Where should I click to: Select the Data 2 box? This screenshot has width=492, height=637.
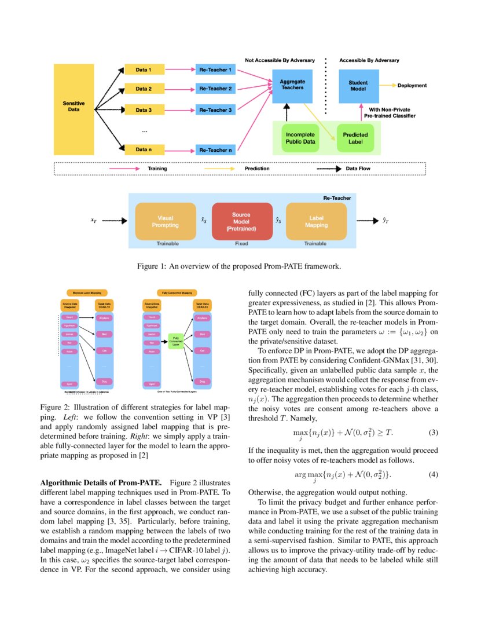coord(144,89)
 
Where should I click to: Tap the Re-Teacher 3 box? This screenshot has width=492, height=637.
coord(215,109)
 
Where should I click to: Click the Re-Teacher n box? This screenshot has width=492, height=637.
coord(215,150)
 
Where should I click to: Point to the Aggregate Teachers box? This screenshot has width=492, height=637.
coord(292,85)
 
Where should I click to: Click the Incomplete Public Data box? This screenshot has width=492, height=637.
coord(300,138)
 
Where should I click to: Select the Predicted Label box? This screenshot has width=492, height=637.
coord(355,138)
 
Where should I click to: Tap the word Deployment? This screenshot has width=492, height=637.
coord(412,86)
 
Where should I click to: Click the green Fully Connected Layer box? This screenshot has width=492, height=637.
coord(175,341)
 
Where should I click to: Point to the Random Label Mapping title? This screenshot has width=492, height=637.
coord(87,293)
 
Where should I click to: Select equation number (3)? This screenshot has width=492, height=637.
coord(433,433)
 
